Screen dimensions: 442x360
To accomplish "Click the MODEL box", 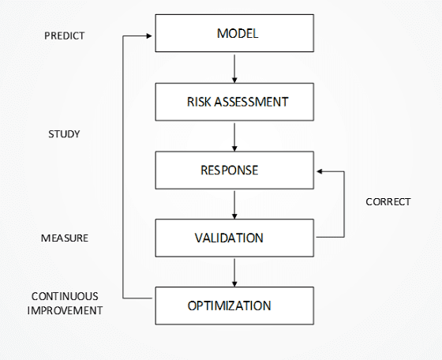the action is click(x=234, y=33).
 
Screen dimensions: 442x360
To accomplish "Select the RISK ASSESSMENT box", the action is click(x=234, y=102).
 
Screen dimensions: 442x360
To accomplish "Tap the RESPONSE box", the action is click(x=234, y=170).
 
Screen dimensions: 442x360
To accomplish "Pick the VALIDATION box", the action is click(x=234, y=238).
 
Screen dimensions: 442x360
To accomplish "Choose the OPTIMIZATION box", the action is click(x=234, y=306).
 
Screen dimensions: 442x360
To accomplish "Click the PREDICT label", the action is click(x=65, y=36).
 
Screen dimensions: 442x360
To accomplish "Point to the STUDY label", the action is click(x=64, y=134).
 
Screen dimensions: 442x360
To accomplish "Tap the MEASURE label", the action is click(x=65, y=238).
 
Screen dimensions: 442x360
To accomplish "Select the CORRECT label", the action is click(x=388, y=202).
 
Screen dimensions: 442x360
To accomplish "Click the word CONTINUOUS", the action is click(x=65, y=296).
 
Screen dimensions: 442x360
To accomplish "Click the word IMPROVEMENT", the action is click(x=65, y=310).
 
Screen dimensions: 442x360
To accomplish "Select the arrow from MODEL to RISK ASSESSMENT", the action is click(x=234, y=69).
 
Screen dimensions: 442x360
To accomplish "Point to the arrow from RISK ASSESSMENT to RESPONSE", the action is click(x=234, y=137).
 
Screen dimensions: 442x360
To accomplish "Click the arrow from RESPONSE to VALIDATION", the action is click(x=234, y=205).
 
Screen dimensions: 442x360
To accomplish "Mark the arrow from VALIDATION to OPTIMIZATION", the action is click(x=234, y=273).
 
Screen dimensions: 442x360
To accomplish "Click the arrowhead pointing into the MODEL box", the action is click(x=150, y=36).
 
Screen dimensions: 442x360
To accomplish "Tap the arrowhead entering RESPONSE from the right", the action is click(x=320, y=171).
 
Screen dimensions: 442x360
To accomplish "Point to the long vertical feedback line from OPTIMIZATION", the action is click(x=123, y=167).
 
